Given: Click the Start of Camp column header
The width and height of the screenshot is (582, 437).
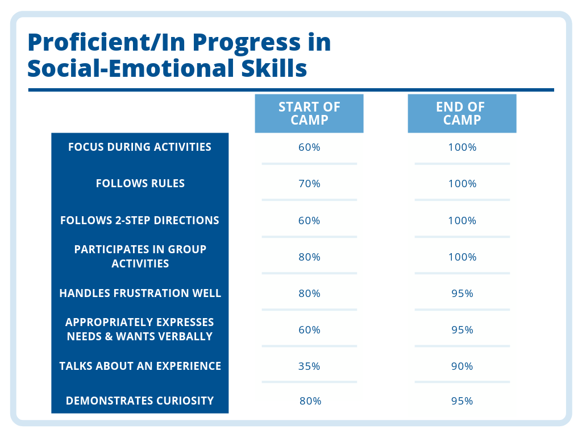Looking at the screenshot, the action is click(x=309, y=113).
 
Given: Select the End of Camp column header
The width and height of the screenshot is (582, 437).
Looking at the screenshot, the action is click(x=462, y=113).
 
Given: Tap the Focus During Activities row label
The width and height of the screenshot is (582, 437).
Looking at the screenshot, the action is click(x=140, y=147).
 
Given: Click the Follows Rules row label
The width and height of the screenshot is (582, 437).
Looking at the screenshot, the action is click(x=140, y=184).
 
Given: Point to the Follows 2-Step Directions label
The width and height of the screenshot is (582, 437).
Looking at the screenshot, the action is click(x=140, y=220).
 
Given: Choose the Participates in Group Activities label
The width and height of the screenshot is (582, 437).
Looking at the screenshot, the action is click(x=140, y=257).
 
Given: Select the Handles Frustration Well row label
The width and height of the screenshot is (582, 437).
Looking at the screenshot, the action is click(x=140, y=293).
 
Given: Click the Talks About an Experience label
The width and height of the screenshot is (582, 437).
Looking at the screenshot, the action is click(x=140, y=366).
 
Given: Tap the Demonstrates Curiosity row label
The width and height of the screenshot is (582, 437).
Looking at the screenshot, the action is click(x=140, y=401).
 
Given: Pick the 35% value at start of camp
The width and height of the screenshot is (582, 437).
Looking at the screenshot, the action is click(x=309, y=366).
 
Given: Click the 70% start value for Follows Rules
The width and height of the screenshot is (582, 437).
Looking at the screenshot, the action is click(x=309, y=184).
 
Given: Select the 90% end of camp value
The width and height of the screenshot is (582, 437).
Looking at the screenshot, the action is click(x=462, y=366).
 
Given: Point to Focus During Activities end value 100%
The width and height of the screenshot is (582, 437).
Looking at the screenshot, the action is click(x=462, y=147).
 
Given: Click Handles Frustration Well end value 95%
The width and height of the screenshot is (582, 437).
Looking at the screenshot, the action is click(x=462, y=294).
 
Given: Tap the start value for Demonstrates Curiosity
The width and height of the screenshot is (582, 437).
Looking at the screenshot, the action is click(x=310, y=401).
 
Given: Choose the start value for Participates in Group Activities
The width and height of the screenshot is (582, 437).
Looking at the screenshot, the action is click(x=309, y=257).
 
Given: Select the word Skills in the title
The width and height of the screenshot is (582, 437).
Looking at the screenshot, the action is click(x=274, y=68).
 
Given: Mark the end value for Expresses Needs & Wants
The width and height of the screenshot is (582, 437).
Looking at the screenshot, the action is click(x=462, y=330).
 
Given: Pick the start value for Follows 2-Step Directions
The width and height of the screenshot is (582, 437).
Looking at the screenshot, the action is click(x=309, y=221).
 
